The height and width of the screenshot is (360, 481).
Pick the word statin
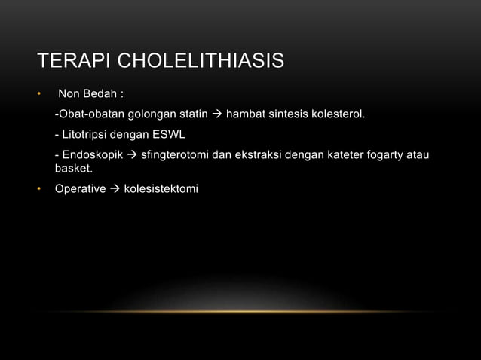192,115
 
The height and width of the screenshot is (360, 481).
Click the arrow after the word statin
216,115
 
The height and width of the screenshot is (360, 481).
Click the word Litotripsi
85,136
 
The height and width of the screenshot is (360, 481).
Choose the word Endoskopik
93,155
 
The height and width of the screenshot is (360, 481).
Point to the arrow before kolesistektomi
115,188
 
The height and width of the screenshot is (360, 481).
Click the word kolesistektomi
161,188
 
